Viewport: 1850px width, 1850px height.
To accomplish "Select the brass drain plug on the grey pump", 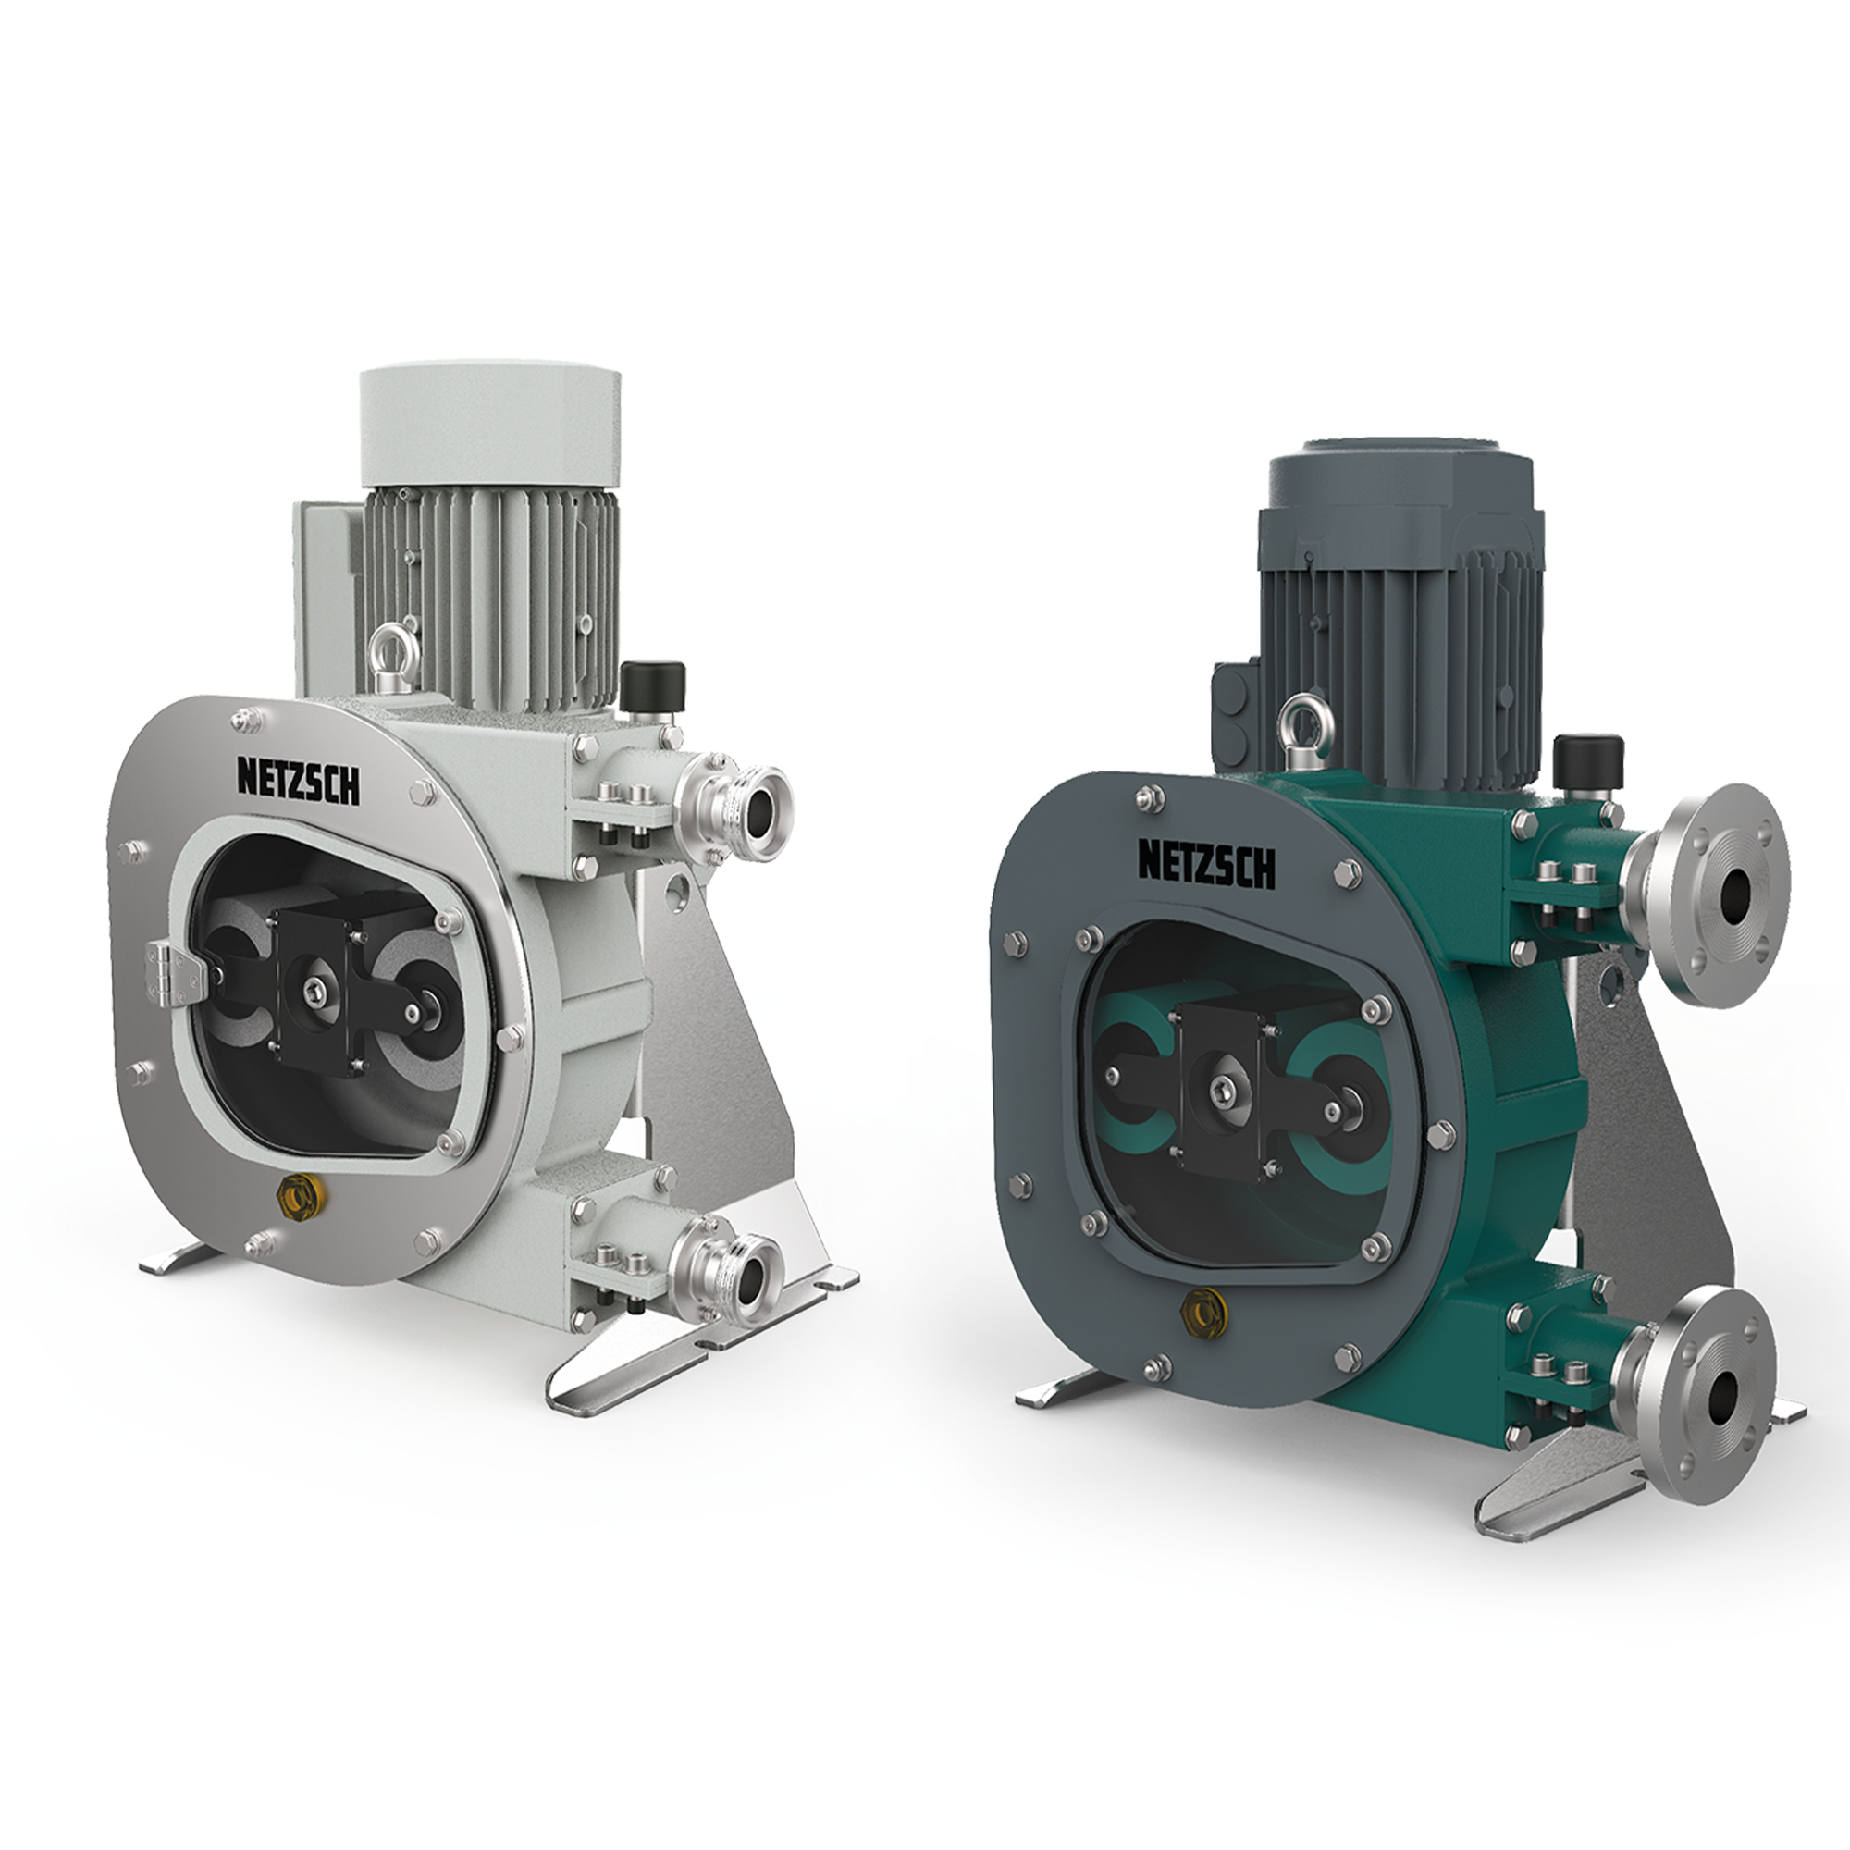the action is [x=292, y=1196].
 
